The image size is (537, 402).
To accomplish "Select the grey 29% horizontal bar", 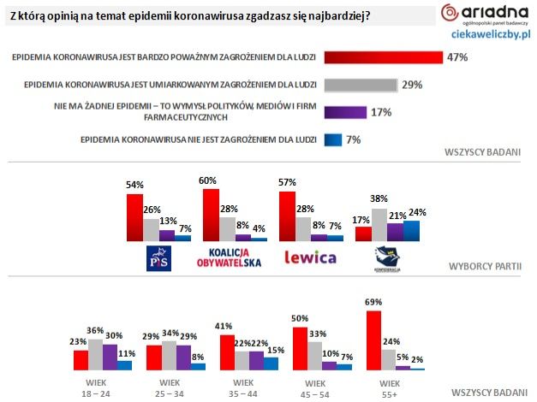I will coord(359,85).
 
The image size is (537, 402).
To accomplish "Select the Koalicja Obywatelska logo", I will coord(236,257).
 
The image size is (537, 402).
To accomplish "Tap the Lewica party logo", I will coord(309,257).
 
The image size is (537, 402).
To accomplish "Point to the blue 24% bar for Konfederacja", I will coord(413,231).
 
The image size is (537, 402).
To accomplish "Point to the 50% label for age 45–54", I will coord(300,318).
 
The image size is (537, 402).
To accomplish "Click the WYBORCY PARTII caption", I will coord(485,266).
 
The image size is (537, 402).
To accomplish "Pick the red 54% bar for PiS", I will coord(134,219).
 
